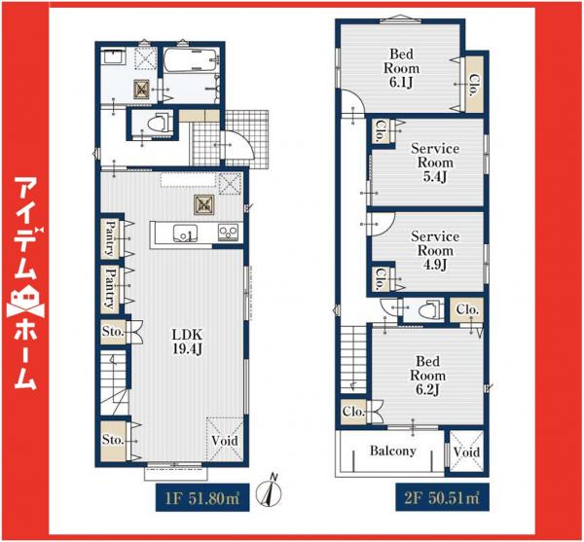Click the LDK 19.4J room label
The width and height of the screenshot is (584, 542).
pyautogui.click(x=187, y=342)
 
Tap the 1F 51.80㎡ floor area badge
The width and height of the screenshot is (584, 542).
pyautogui.click(x=202, y=497)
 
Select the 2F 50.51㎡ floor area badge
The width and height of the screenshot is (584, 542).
pyautogui.click(x=442, y=497)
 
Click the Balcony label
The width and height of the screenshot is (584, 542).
pyautogui.click(x=392, y=451)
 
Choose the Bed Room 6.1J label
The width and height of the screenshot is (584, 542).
pyautogui.click(x=401, y=68)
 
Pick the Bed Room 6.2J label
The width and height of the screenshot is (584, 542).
pyautogui.click(x=427, y=376)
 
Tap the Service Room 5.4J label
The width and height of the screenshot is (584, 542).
pyautogui.click(x=435, y=163)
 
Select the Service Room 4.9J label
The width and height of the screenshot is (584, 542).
pyautogui.click(x=435, y=250)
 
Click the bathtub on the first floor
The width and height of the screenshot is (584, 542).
pyautogui.click(x=191, y=60)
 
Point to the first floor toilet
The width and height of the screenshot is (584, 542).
pyautogui.click(x=160, y=123)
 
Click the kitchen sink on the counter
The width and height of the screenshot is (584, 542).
pyautogui.click(x=185, y=234)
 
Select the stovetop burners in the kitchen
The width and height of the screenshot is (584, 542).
pyautogui.click(x=228, y=233)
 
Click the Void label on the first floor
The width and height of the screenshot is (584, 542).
pyautogui.click(x=225, y=441)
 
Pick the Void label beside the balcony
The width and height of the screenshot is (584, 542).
pyautogui.click(x=466, y=452)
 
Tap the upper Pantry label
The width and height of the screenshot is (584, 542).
pyautogui.click(x=110, y=238)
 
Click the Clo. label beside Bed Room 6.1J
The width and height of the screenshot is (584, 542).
pyautogui.click(x=474, y=86)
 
